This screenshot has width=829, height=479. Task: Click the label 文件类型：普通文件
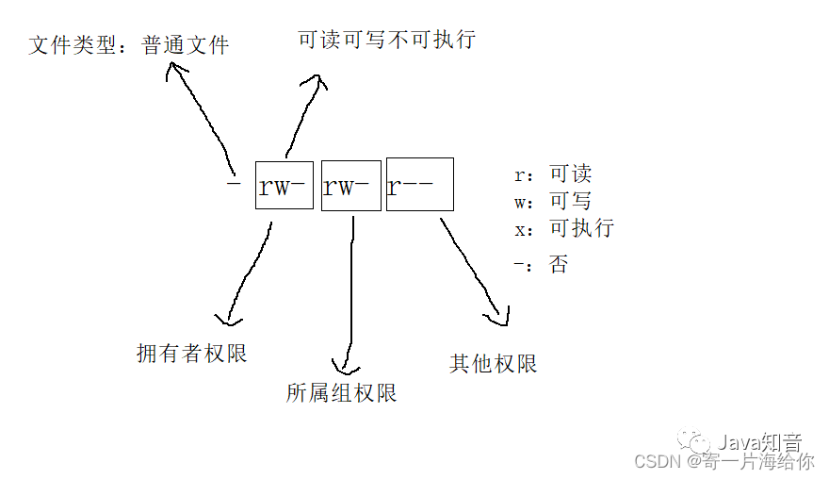click(129, 44)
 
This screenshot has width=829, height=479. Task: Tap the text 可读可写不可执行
click(386, 39)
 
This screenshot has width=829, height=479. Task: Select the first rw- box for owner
click(284, 185)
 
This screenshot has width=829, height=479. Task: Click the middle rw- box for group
click(350, 185)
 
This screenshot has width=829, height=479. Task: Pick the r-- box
click(419, 184)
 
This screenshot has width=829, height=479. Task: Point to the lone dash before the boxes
click(235, 182)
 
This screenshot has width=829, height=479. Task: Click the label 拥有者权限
click(192, 354)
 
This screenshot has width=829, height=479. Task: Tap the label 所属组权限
click(341, 392)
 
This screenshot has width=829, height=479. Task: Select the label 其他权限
click(493, 363)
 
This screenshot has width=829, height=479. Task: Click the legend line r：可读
click(553, 174)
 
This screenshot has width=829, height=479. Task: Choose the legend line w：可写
click(553, 201)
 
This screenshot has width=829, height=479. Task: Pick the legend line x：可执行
click(563, 228)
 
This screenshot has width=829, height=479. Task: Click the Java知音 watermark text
click(759, 441)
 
